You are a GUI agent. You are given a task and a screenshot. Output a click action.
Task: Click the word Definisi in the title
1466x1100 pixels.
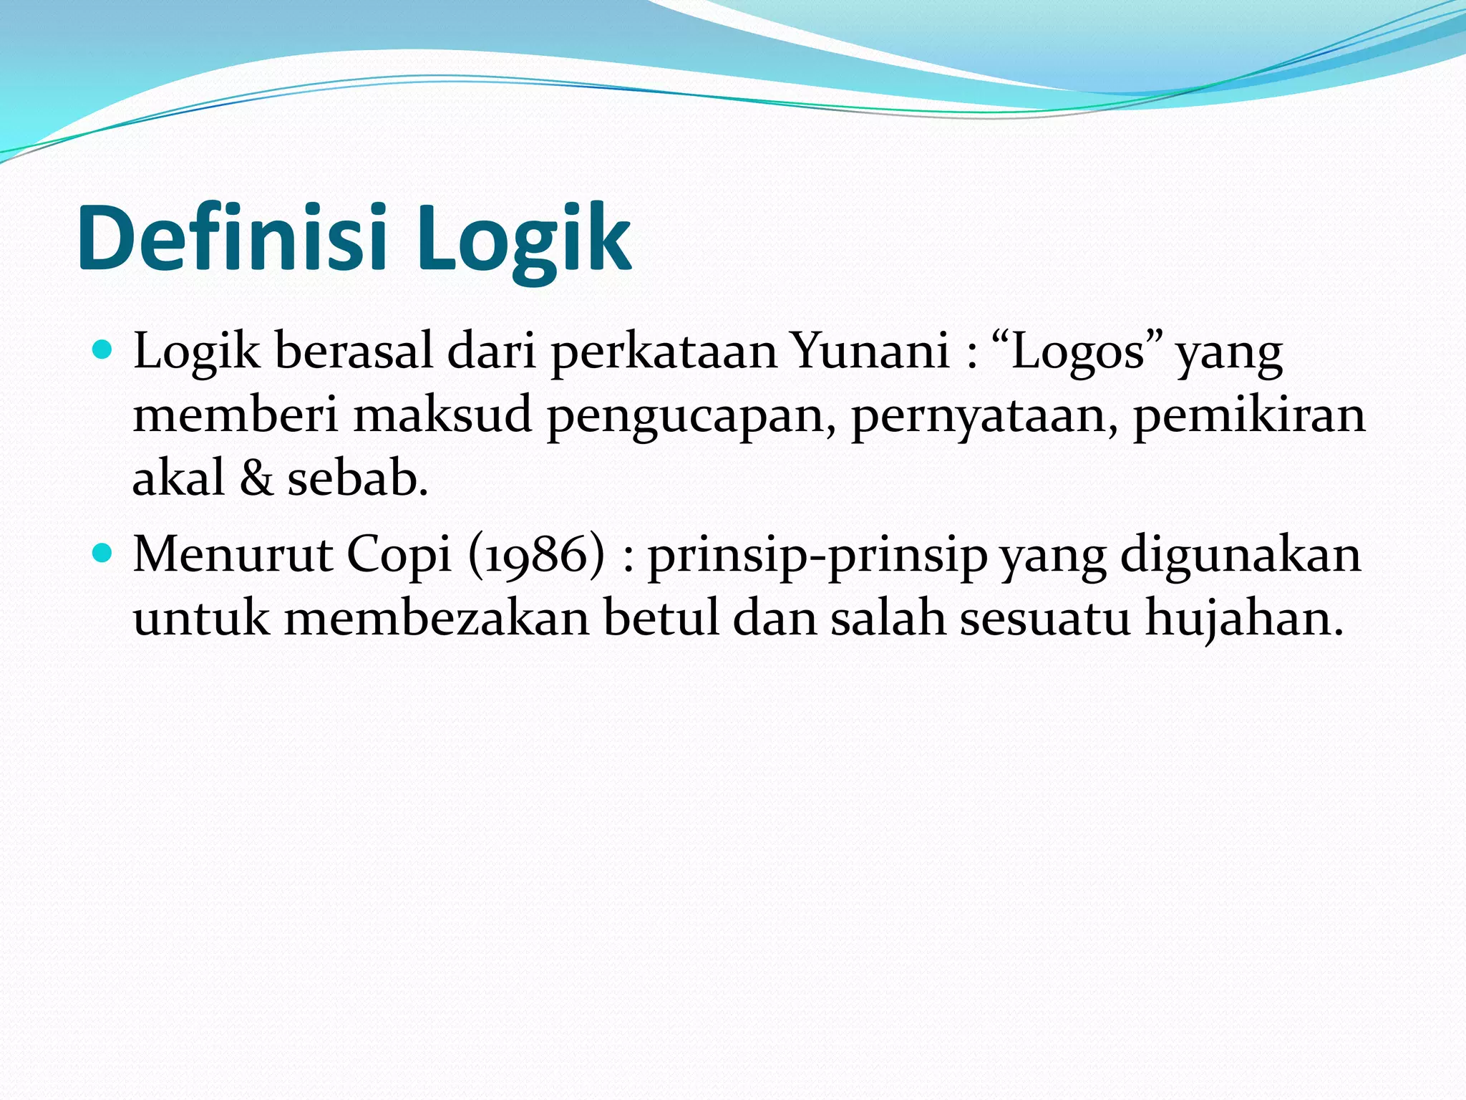pos(233,238)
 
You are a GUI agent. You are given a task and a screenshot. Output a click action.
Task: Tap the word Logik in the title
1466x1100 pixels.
pos(523,238)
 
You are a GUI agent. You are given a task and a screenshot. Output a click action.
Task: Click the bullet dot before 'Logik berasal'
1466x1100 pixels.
pos(103,350)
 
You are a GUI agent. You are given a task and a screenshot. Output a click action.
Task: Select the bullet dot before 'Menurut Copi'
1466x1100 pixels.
pos(103,553)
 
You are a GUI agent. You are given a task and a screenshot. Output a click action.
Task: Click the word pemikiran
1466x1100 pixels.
pos(1249,415)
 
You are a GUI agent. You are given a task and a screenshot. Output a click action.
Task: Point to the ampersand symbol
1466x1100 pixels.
pos(256,478)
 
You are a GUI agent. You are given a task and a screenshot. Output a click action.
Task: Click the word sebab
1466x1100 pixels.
pos(357,478)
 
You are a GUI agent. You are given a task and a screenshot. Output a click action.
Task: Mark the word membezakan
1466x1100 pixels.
pos(437,617)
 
